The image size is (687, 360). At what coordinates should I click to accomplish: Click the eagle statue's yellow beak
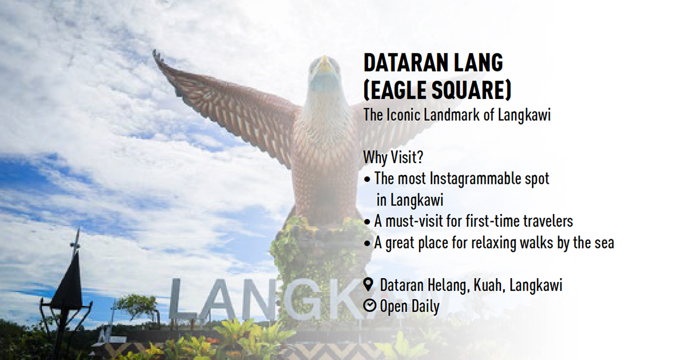point(325,65)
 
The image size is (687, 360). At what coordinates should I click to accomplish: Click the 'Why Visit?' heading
point(393,157)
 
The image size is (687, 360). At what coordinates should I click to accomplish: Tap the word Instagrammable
point(475,179)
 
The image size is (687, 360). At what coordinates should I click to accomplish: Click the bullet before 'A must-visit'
point(367,222)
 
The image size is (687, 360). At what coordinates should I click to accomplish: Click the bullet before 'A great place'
point(367,243)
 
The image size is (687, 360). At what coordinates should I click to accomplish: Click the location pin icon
point(368,284)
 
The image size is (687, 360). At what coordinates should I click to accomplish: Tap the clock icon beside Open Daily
point(370,306)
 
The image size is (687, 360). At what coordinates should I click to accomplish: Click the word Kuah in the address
point(489,285)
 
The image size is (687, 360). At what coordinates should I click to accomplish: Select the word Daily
point(425,307)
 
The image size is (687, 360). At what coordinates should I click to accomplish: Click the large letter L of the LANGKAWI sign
point(182,299)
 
